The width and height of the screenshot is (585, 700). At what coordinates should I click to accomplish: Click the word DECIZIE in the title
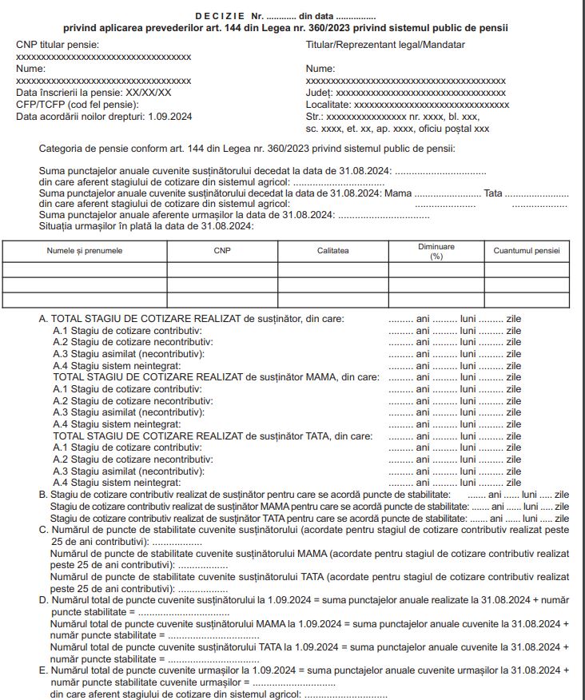(219, 17)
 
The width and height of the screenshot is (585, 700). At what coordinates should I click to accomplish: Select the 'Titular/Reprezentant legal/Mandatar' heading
(385, 45)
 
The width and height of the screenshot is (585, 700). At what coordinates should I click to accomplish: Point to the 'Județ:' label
(320, 93)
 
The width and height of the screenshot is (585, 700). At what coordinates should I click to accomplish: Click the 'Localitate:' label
(328, 105)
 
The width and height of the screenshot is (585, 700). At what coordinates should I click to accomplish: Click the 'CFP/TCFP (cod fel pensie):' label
(78, 105)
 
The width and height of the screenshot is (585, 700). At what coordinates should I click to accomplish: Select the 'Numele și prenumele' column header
(85, 251)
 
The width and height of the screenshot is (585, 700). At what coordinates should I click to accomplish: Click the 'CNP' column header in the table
(221, 251)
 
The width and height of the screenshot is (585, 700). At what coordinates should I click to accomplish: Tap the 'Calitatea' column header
(332, 251)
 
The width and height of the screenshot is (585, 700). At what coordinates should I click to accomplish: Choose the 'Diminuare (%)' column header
(436, 251)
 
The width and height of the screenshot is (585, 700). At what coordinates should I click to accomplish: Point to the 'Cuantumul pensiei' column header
(527, 251)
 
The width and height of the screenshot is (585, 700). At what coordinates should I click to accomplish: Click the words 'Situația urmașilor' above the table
(76, 227)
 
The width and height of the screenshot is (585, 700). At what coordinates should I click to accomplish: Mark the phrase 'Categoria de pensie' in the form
(84, 148)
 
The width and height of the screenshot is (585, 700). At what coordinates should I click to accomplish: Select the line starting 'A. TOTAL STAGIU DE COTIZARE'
(192, 319)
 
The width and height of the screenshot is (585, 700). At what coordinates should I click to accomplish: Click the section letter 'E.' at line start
(44, 670)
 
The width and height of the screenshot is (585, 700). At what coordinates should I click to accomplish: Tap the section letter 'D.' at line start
(44, 600)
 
